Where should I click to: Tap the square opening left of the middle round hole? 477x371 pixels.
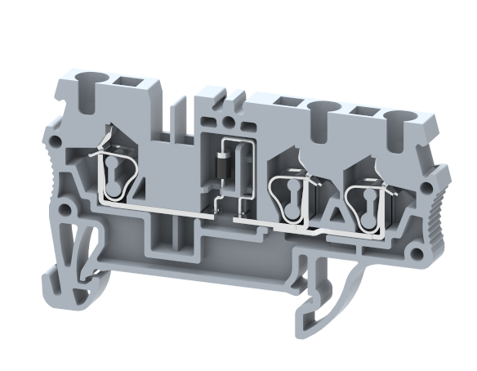tap(287, 101)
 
